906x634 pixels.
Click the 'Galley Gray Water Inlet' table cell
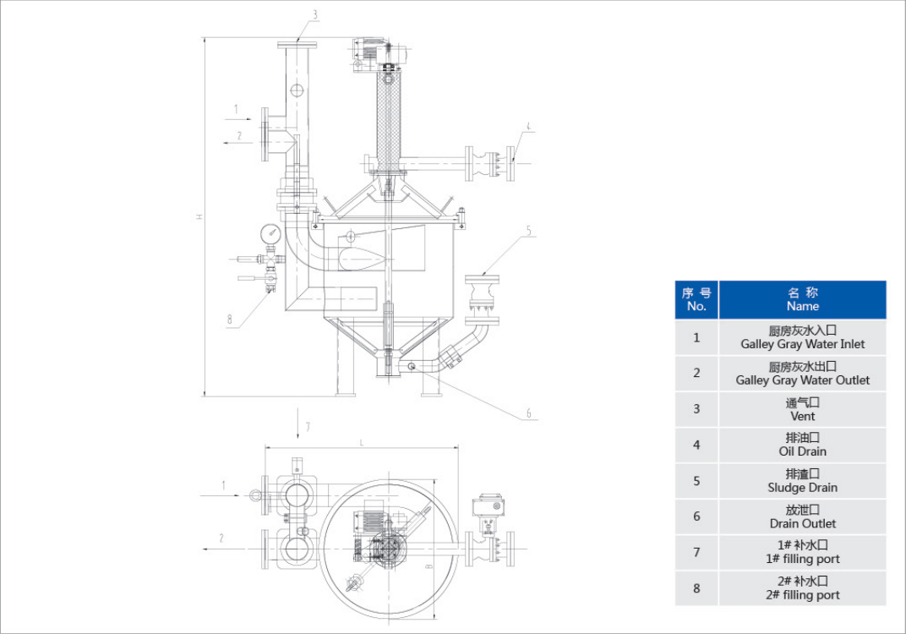point(802,337)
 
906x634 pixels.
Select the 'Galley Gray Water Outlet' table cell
point(802,374)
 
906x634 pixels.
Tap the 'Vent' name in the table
point(802,409)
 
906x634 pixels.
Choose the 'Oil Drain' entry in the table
point(802,445)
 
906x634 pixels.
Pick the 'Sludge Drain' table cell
point(802,481)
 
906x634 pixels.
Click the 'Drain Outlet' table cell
point(802,516)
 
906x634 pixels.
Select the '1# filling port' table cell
point(802,553)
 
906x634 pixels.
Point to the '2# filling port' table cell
point(802,588)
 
